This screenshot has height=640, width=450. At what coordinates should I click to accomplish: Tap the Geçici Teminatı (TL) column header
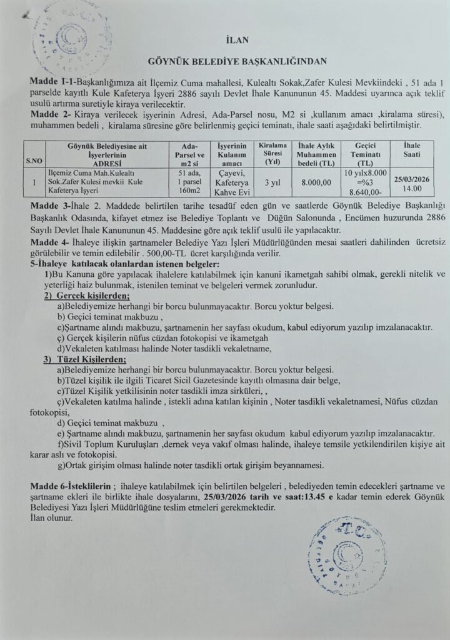click(x=364, y=154)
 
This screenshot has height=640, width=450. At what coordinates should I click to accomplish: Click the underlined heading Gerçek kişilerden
click(x=91, y=295)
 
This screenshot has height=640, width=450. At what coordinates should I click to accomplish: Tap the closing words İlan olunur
click(x=51, y=518)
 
